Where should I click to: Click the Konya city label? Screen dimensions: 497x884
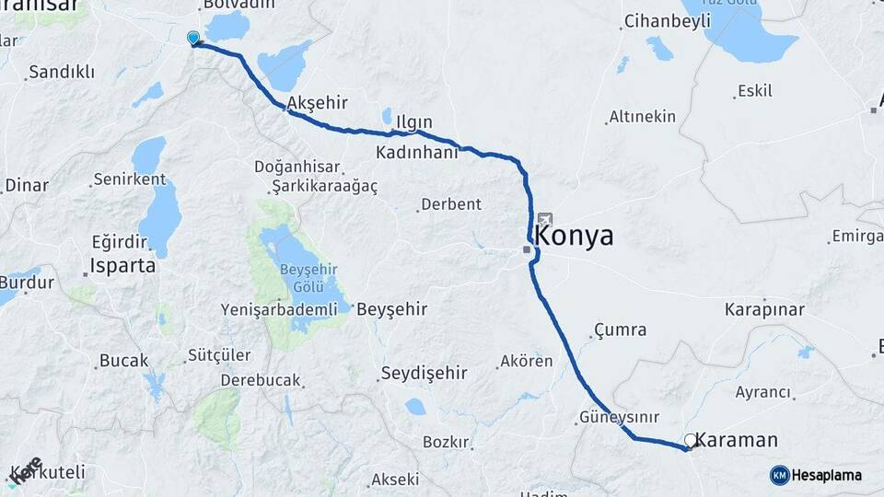click(x=575, y=237)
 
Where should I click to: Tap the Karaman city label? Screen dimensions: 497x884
click(x=737, y=440)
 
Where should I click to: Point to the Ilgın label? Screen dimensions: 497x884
click(x=413, y=121)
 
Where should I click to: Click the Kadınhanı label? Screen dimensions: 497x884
click(x=417, y=152)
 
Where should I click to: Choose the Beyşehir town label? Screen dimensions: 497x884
click(x=391, y=309)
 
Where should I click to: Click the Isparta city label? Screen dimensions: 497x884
click(x=120, y=267)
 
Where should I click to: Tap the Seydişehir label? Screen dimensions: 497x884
click(x=424, y=373)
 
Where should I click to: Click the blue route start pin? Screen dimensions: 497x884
click(x=192, y=38)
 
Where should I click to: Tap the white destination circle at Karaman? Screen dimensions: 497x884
click(x=690, y=441)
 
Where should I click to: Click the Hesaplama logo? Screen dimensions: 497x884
click(x=816, y=475)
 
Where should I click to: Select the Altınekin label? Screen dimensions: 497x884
click(x=642, y=117)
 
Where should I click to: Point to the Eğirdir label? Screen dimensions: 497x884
click(x=120, y=243)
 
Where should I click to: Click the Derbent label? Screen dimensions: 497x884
click(x=450, y=204)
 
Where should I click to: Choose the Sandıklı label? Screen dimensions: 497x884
click(x=62, y=72)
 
